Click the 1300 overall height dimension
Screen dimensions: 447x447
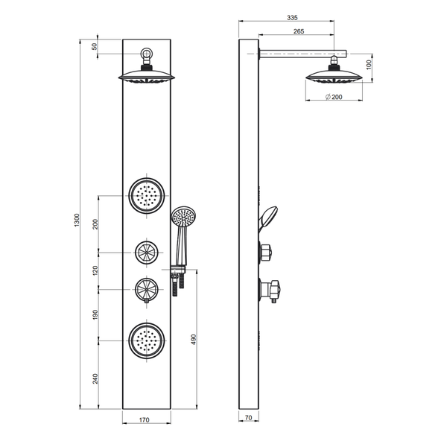[77, 220]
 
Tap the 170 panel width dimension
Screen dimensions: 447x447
[145, 420]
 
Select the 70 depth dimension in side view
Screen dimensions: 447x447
[248, 418]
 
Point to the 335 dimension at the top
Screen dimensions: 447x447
[292, 18]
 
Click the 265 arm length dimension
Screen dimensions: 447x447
[299, 31]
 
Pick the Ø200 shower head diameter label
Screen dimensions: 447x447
[334, 97]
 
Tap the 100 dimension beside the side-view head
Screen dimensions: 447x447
[369, 65]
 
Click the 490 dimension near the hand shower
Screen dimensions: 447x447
[194, 340]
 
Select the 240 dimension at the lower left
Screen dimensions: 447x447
[95, 378]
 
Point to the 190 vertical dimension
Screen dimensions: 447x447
[95, 314]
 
